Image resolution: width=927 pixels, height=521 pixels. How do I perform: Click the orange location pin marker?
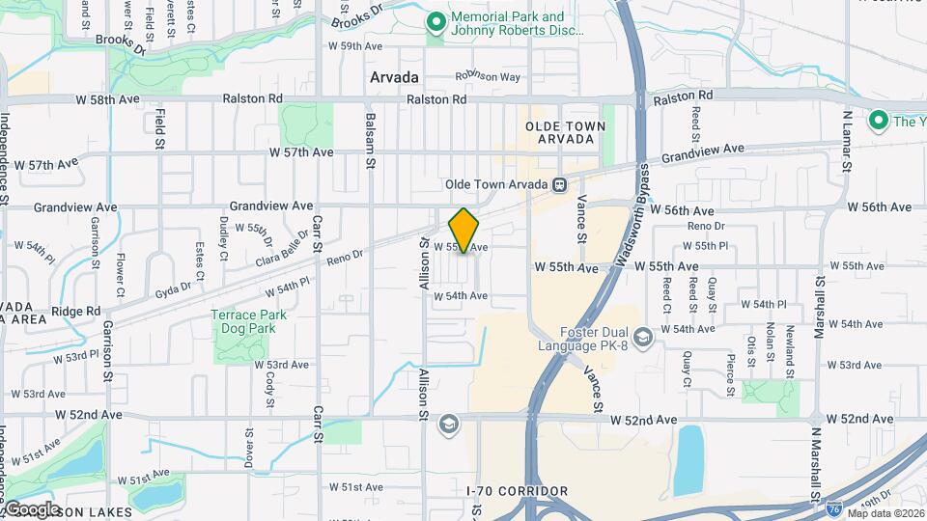point(463,231)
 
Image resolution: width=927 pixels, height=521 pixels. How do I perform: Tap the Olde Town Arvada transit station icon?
point(558,184)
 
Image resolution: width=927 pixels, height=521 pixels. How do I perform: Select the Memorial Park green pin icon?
point(435,20)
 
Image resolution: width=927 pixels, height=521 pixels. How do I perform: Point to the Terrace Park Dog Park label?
point(241,321)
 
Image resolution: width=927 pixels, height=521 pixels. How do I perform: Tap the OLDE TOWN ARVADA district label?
point(565,133)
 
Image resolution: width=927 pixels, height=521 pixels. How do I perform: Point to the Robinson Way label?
point(489,76)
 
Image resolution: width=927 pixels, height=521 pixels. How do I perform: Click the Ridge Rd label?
point(77,311)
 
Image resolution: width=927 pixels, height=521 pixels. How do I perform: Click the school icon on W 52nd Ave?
point(448,423)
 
